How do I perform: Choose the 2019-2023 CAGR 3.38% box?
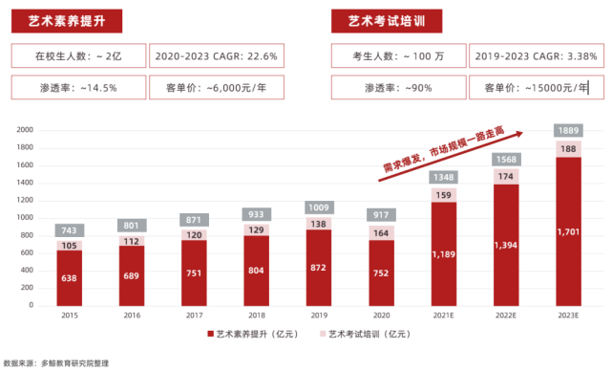tap(538, 56)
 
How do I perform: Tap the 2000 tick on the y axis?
tap(25, 130)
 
